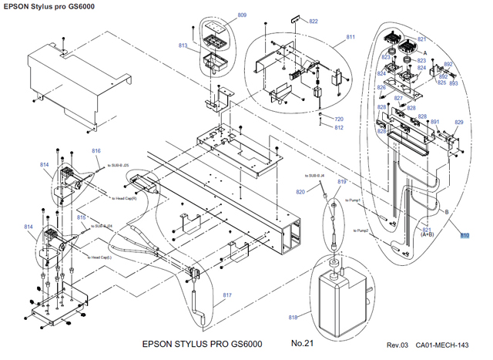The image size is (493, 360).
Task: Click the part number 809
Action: (242, 15)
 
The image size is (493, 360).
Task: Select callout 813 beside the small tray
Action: (183, 46)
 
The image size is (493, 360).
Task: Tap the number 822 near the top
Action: (314, 22)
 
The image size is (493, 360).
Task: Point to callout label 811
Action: (350, 37)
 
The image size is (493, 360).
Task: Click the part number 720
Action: (338, 119)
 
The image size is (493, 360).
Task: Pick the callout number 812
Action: (338, 128)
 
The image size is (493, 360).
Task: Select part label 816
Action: (96, 151)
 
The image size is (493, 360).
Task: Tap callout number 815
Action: (81, 217)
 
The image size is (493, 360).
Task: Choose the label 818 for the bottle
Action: (293, 318)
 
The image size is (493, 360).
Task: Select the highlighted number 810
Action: (464, 236)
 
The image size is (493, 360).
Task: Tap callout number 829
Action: (459, 123)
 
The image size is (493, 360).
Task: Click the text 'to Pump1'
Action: (355, 200)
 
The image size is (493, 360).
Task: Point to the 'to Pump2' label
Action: (361, 230)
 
